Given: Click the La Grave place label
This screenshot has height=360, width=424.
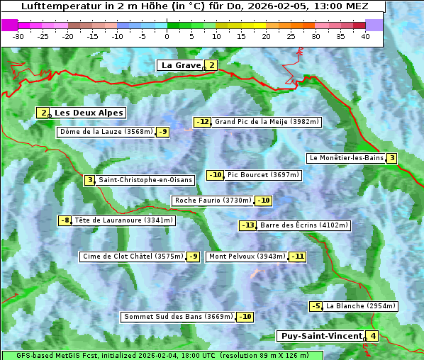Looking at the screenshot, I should coord(181,65).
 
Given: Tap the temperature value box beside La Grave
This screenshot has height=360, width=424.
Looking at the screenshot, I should coord(211,65).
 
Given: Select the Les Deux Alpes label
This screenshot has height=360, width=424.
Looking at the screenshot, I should coord(89,113).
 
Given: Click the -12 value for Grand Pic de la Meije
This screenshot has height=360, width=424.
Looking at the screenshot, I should coord(203,122).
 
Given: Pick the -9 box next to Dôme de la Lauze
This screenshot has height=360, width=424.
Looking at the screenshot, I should coord(163,132).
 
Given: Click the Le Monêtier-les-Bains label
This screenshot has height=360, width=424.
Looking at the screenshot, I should coord(346,158).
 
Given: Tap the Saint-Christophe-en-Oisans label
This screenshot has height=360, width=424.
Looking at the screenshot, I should coord(145,180).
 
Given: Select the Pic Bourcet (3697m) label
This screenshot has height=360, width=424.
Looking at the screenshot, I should coord(264,175).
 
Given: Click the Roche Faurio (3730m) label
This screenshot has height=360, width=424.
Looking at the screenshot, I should coord(213,201).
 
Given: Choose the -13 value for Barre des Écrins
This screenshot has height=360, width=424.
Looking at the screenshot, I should coord(247,225).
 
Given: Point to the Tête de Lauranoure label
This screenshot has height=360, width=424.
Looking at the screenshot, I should coord(123,220).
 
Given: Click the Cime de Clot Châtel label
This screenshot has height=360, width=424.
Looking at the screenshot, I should coord(133,257).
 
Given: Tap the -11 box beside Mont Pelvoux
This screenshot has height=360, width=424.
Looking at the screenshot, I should coord(297,257).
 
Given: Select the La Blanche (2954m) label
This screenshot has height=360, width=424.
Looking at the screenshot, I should coord(360,306).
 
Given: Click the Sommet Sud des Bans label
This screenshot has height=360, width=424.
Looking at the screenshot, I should coord(178,317).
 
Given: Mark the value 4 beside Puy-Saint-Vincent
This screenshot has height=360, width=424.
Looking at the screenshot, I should coord(373,336).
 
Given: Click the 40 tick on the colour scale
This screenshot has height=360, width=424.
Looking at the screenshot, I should coord(365,35).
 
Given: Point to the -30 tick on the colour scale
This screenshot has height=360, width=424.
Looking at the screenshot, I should coord(18,35).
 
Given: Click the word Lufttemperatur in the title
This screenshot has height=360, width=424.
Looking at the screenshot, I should coord(56,6).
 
